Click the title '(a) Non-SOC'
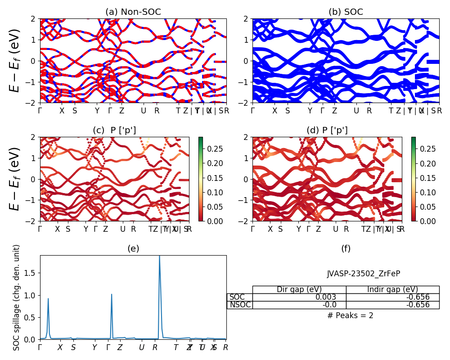[133, 12]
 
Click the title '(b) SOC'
[346, 12]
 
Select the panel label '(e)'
[133, 248]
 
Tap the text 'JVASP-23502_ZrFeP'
[363, 273]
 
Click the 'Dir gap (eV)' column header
[299, 289]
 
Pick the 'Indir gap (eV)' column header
[392, 289]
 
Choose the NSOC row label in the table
[239, 305]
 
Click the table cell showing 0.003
[335, 297]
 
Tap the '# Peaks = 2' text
[350, 315]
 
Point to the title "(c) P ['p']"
[114, 130]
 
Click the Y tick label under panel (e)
[94, 347]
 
